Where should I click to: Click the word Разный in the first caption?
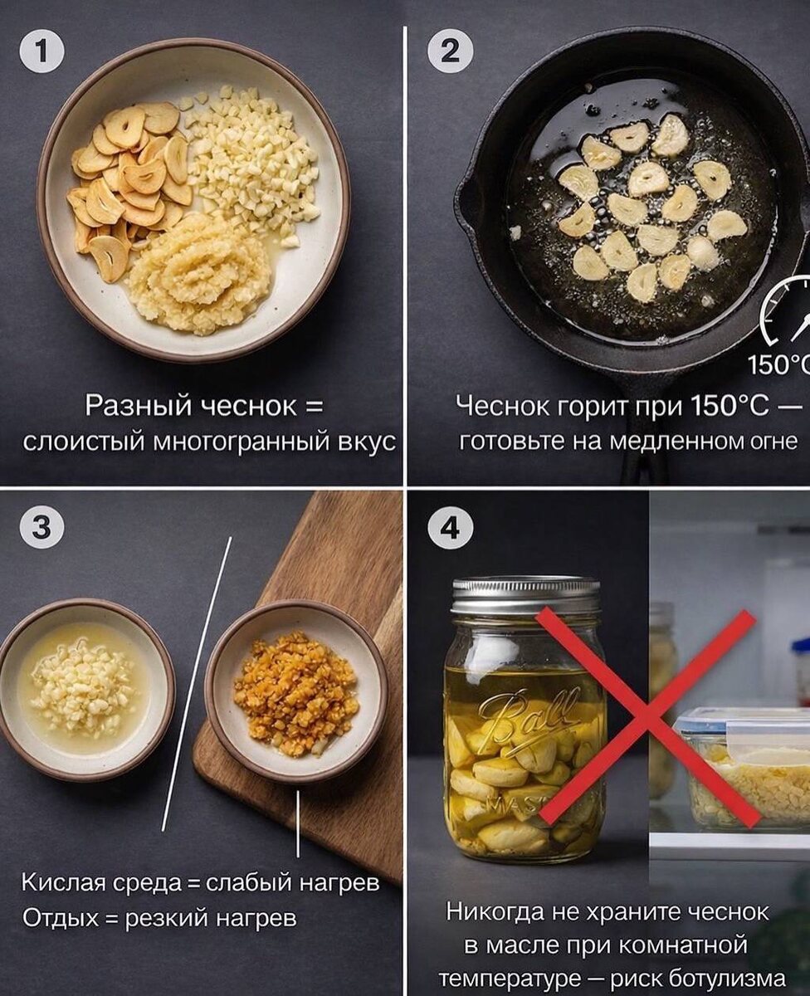tap(138, 407)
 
